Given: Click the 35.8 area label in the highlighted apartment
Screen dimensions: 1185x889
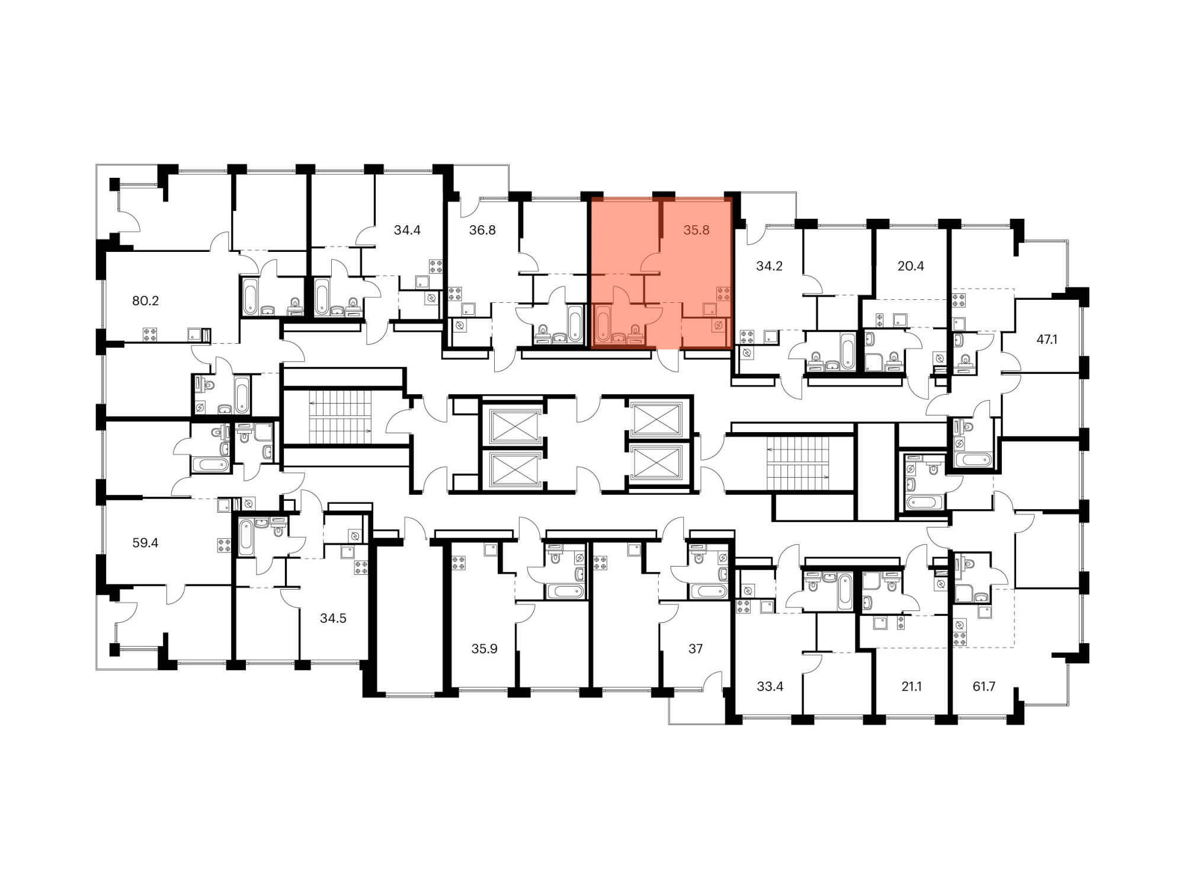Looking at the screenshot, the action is (x=696, y=230).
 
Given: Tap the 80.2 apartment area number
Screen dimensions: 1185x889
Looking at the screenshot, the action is (x=145, y=301).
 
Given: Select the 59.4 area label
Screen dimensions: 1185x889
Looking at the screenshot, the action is (x=145, y=543).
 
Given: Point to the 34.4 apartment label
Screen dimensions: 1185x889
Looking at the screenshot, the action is (x=407, y=230).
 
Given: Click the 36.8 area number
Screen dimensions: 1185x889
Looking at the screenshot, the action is (x=482, y=230).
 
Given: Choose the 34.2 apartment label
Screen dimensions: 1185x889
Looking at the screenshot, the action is (x=769, y=266).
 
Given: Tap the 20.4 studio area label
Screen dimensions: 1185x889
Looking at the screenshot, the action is (x=911, y=266).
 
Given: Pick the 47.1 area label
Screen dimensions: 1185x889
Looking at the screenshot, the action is (x=1047, y=340).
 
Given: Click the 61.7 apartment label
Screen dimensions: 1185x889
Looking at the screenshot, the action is (x=984, y=686).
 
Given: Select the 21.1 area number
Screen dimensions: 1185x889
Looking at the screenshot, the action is (x=911, y=686).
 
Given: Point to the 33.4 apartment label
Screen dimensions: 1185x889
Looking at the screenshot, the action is (x=770, y=686).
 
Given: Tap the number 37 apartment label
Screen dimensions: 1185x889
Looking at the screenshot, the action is (x=696, y=649).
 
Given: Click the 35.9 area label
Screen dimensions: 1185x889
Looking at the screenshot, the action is (x=484, y=649).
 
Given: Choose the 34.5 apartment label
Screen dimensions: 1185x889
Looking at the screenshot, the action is (x=333, y=618).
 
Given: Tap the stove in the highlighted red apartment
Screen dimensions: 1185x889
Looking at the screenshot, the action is (x=723, y=293).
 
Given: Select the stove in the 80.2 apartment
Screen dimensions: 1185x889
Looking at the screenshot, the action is (x=150, y=335).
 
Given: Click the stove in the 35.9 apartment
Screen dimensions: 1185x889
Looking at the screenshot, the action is (x=459, y=562).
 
